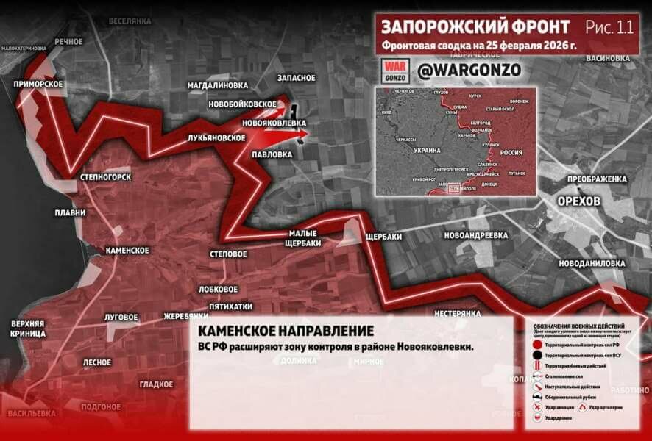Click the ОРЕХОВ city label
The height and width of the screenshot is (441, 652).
pos(579,201)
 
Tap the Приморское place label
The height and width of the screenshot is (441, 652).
pos(38,84)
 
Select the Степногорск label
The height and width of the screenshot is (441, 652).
pos(105,177)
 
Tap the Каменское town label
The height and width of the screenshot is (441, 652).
pos(127,251)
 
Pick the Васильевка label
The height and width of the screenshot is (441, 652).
pos(32,413)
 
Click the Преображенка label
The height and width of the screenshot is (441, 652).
pos(596,179)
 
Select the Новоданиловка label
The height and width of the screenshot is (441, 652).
pos(591,262)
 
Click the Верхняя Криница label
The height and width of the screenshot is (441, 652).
pos(28,329)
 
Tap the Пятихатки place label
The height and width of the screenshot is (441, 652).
pos(230,306)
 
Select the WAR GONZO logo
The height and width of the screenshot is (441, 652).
pos(394,71)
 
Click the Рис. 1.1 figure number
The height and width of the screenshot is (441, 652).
pos(609,27)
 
